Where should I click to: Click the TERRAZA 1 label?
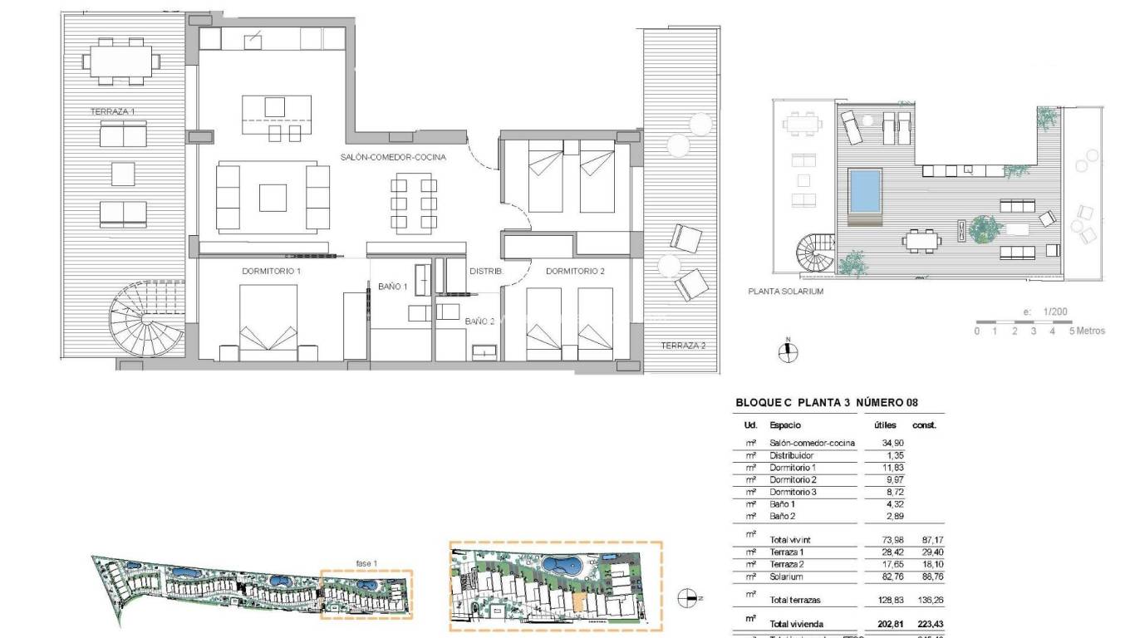[x=112, y=110]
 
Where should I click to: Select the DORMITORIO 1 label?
[x=271, y=271]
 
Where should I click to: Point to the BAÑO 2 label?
[x=479, y=321]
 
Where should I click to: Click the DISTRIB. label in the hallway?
[x=485, y=271]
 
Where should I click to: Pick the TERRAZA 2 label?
[x=682, y=345]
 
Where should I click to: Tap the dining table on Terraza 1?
[x=121, y=61]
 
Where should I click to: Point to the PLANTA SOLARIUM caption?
[x=785, y=292]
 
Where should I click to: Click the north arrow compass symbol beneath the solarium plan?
[x=787, y=351]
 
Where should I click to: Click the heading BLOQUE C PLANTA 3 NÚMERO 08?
[x=827, y=403]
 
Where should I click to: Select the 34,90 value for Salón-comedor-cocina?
[x=886, y=443]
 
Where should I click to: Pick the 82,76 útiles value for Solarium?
[x=886, y=576]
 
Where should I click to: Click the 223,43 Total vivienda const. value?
[x=923, y=624]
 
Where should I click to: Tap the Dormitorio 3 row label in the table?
[x=793, y=492]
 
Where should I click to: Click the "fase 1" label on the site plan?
[x=366, y=564]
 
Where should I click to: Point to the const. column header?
[x=924, y=425]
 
